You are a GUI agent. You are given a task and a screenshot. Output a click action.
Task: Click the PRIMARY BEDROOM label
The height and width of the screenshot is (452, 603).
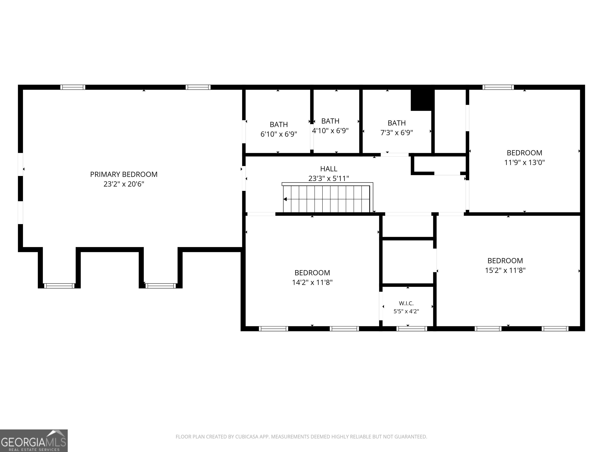tap(124, 174)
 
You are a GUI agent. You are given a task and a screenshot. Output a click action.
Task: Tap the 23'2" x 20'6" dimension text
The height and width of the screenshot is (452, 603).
tap(124, 184)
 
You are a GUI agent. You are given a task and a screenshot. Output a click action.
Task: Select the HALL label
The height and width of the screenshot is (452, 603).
tap(329, 169)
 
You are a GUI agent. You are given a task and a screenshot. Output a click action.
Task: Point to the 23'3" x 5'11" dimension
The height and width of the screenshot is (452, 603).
tap(329, 179)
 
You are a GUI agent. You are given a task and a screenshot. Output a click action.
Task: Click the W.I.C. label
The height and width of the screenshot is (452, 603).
tap(406, 303)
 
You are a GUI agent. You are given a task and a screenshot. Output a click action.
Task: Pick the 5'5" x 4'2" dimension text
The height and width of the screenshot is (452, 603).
tap(406, 311)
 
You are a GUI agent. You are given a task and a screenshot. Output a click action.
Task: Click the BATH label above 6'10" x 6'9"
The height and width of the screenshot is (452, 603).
tap(279, 125)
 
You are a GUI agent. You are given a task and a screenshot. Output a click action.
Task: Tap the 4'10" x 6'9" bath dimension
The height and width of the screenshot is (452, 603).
tap(330, 131)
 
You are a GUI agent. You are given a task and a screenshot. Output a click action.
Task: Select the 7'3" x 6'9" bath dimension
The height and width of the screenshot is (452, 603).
tap(397, 133)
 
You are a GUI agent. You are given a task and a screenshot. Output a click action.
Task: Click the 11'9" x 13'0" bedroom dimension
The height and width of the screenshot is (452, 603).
tap(524, 163)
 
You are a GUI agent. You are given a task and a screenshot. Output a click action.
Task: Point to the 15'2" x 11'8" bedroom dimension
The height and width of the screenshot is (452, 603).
tap(505, 271)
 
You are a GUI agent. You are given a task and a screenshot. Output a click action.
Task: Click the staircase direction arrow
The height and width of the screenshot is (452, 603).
tap(285, 199)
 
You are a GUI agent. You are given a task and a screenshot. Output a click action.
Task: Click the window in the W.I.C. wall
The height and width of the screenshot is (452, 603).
tap(412, 329)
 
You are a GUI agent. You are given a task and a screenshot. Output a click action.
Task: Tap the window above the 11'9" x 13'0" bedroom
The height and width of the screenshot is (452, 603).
tap(498, 87)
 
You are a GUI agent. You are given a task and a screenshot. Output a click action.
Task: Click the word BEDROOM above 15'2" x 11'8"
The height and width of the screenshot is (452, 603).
tap(505, 261)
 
